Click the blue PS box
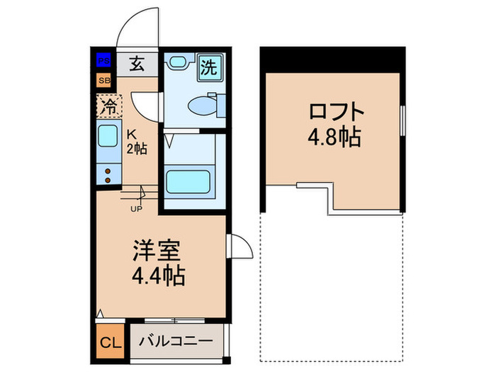[x=104, y=61]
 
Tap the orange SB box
[x=104, y=79]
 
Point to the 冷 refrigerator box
[x=109, y=107]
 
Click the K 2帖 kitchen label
[x=136, y=142]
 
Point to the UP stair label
[x=135, y=209]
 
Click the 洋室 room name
[x=159, y=250]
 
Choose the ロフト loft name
[x=336, y=111]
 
